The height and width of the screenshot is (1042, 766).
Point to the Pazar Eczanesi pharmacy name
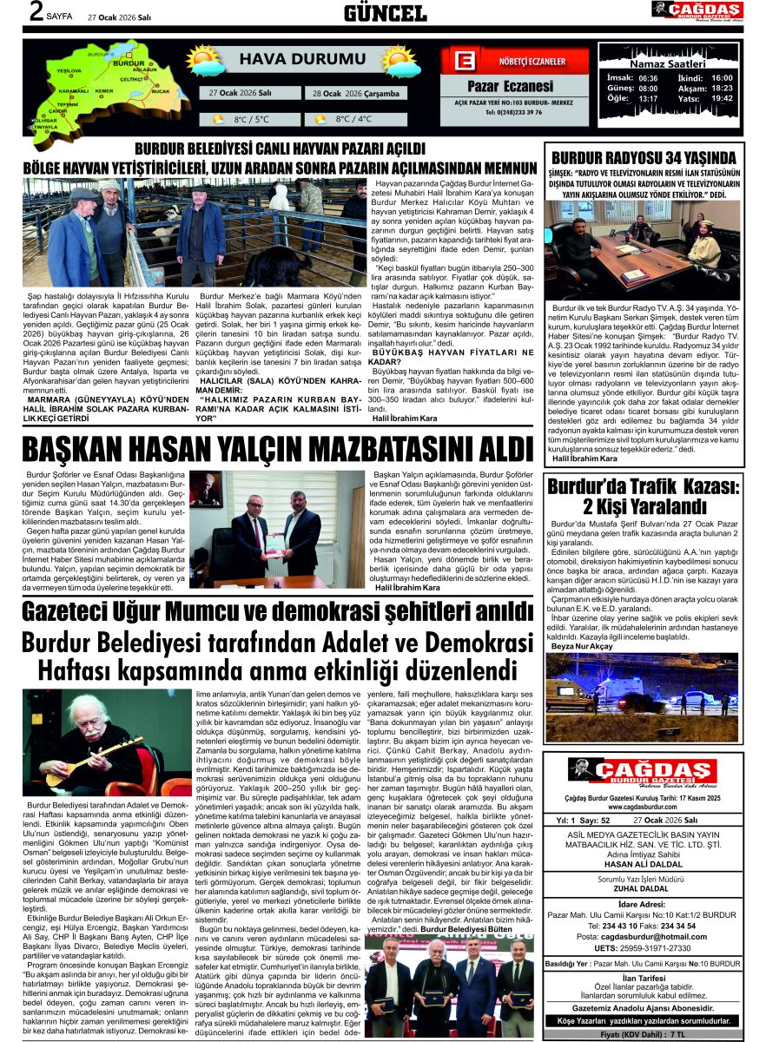510,86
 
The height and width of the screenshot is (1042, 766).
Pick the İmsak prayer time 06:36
648,77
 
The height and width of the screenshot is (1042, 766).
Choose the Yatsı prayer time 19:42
722,98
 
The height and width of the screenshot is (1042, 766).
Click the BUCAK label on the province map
161,90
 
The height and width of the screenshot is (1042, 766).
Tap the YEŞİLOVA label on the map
68,69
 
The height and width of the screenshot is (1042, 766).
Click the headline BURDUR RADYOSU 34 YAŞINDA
644,157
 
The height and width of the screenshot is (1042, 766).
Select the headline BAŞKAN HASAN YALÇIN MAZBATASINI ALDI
276,449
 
